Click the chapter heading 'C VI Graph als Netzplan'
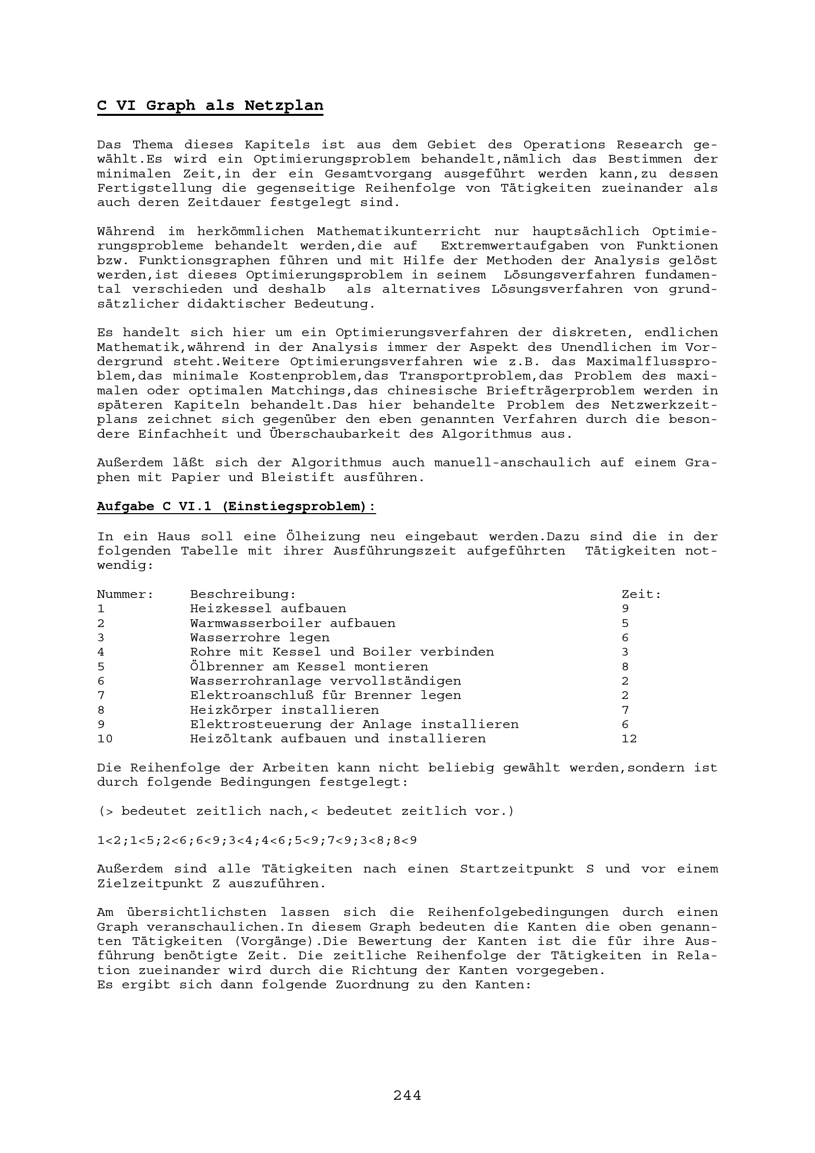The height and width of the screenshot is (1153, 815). click(210, 105)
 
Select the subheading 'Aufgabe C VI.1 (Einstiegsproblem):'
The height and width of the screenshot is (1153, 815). click(236, 506)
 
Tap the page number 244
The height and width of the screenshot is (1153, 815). click(407, 1095)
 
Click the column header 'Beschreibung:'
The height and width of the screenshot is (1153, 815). click(243, 594)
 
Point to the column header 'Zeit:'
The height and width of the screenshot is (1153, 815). click(641, 594)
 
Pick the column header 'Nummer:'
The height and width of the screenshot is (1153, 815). click(125, 594)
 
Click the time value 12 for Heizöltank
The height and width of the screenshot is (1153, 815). click(629, 739)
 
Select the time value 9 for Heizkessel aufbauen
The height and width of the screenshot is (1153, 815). click(625, 609)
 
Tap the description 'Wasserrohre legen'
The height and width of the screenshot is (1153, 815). click(260, 638)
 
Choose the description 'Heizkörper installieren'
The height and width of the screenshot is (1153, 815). click(284, 710)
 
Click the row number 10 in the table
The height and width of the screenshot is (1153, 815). click(105, 739)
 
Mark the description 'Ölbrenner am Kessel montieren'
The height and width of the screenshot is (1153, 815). click(309, 667)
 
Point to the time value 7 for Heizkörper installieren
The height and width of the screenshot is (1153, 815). click(625, 710)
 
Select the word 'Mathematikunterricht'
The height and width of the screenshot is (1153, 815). click(399, 232)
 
